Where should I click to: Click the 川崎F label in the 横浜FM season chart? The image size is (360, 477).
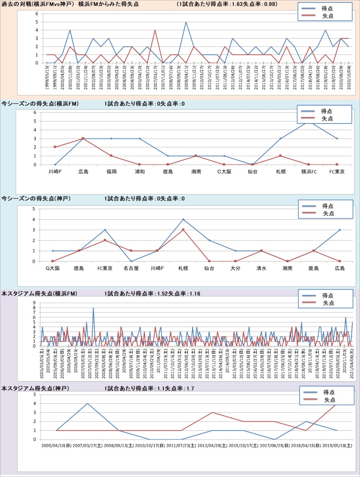[55, 172]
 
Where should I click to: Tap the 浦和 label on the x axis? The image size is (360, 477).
[140, 172]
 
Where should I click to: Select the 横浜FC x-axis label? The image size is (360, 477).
[309, 172]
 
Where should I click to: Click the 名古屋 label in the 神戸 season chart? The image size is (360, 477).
[131, 268]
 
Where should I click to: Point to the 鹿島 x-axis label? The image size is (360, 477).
[314, 268]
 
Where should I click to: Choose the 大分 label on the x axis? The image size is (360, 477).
[235, 268]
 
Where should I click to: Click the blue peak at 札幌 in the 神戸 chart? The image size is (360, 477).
[183, 219]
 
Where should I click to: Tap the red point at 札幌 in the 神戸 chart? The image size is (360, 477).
[183, 230]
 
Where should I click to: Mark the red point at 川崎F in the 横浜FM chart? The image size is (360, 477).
[55, 147]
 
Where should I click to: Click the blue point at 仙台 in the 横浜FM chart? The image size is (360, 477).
[252, 164]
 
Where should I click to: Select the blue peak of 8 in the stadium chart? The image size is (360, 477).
[93, 308]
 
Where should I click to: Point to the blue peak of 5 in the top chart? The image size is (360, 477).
[186, 22]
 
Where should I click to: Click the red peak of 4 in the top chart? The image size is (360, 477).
[155, 30]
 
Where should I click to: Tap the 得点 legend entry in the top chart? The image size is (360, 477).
[327, 8]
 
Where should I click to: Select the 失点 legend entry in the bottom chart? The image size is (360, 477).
[329, 400]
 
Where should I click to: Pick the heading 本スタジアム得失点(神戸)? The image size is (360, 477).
[35, 389]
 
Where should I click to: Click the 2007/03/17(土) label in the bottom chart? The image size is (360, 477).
[87, 446]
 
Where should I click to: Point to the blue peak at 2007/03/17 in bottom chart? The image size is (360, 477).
[87, 403]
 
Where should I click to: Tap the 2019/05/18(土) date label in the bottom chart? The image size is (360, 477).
[337, 446]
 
